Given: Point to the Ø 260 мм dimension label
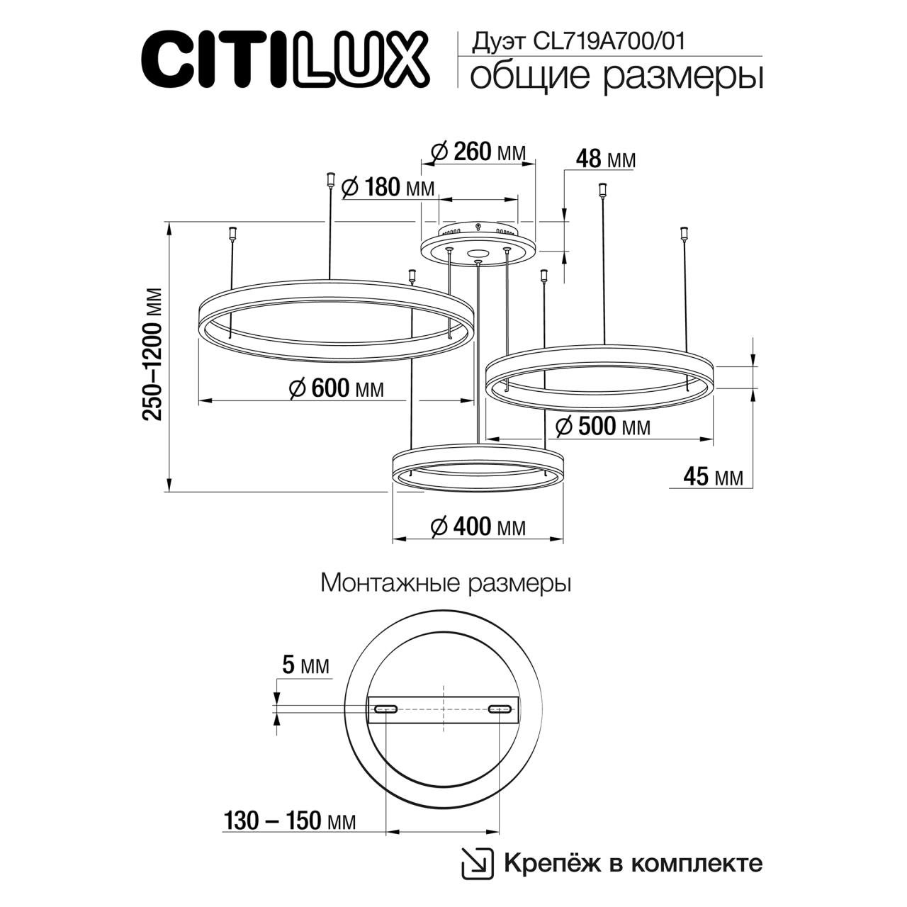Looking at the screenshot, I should [x=478, y=152].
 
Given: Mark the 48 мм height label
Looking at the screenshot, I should [x=606, y=160].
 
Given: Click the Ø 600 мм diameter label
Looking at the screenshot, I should [x=337, y=388].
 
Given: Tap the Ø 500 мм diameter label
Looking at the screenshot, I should [x=603, y=427].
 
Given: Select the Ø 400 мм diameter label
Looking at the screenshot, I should [x=478, y=526].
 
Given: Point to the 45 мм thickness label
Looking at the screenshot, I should [x=713, y=477].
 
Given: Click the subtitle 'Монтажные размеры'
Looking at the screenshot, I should [x=446, y=584].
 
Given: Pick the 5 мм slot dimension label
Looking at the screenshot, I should [x=305, y=665].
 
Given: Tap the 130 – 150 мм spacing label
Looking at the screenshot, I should [x=290, y=821].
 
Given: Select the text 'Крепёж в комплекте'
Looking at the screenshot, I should [x=633, y=863].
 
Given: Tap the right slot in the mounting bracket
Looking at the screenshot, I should [x=500, y=709].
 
